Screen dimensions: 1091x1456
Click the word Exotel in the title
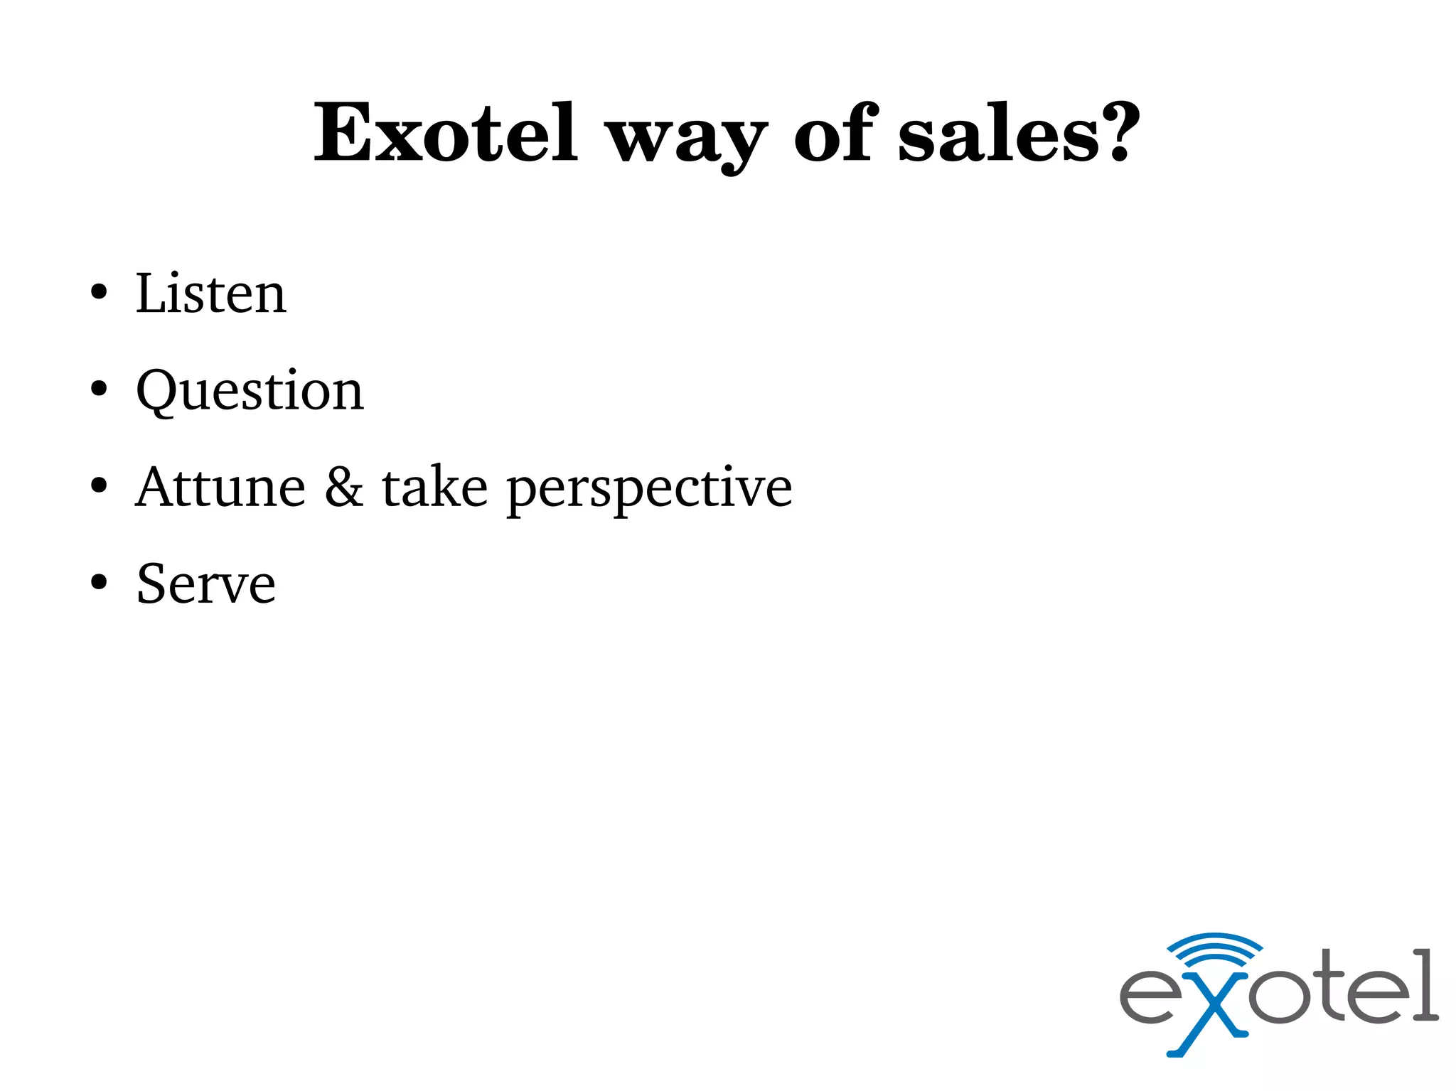coord(446,134)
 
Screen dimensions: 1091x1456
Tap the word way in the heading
coord(687,139)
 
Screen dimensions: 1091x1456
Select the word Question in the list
coord(250,391)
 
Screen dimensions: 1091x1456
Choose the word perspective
coord(649,490)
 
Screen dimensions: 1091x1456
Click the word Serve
coord(206,584)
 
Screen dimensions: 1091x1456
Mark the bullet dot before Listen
coord(99,292)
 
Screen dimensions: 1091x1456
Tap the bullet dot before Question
coord(99,389)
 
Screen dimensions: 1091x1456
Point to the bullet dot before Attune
coord(99,486)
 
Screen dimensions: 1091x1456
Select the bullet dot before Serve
coord(99,583)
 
